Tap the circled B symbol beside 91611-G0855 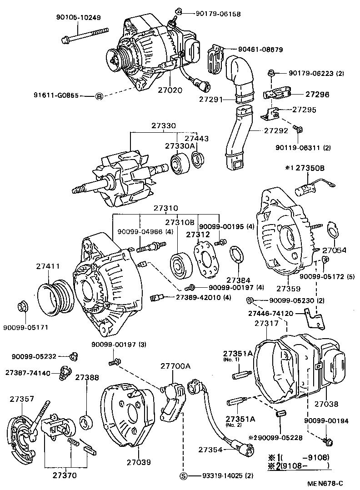pos(99,96)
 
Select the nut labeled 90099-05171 pos(22,308)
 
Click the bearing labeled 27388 pos(85,422)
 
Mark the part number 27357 pos(22,399)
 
